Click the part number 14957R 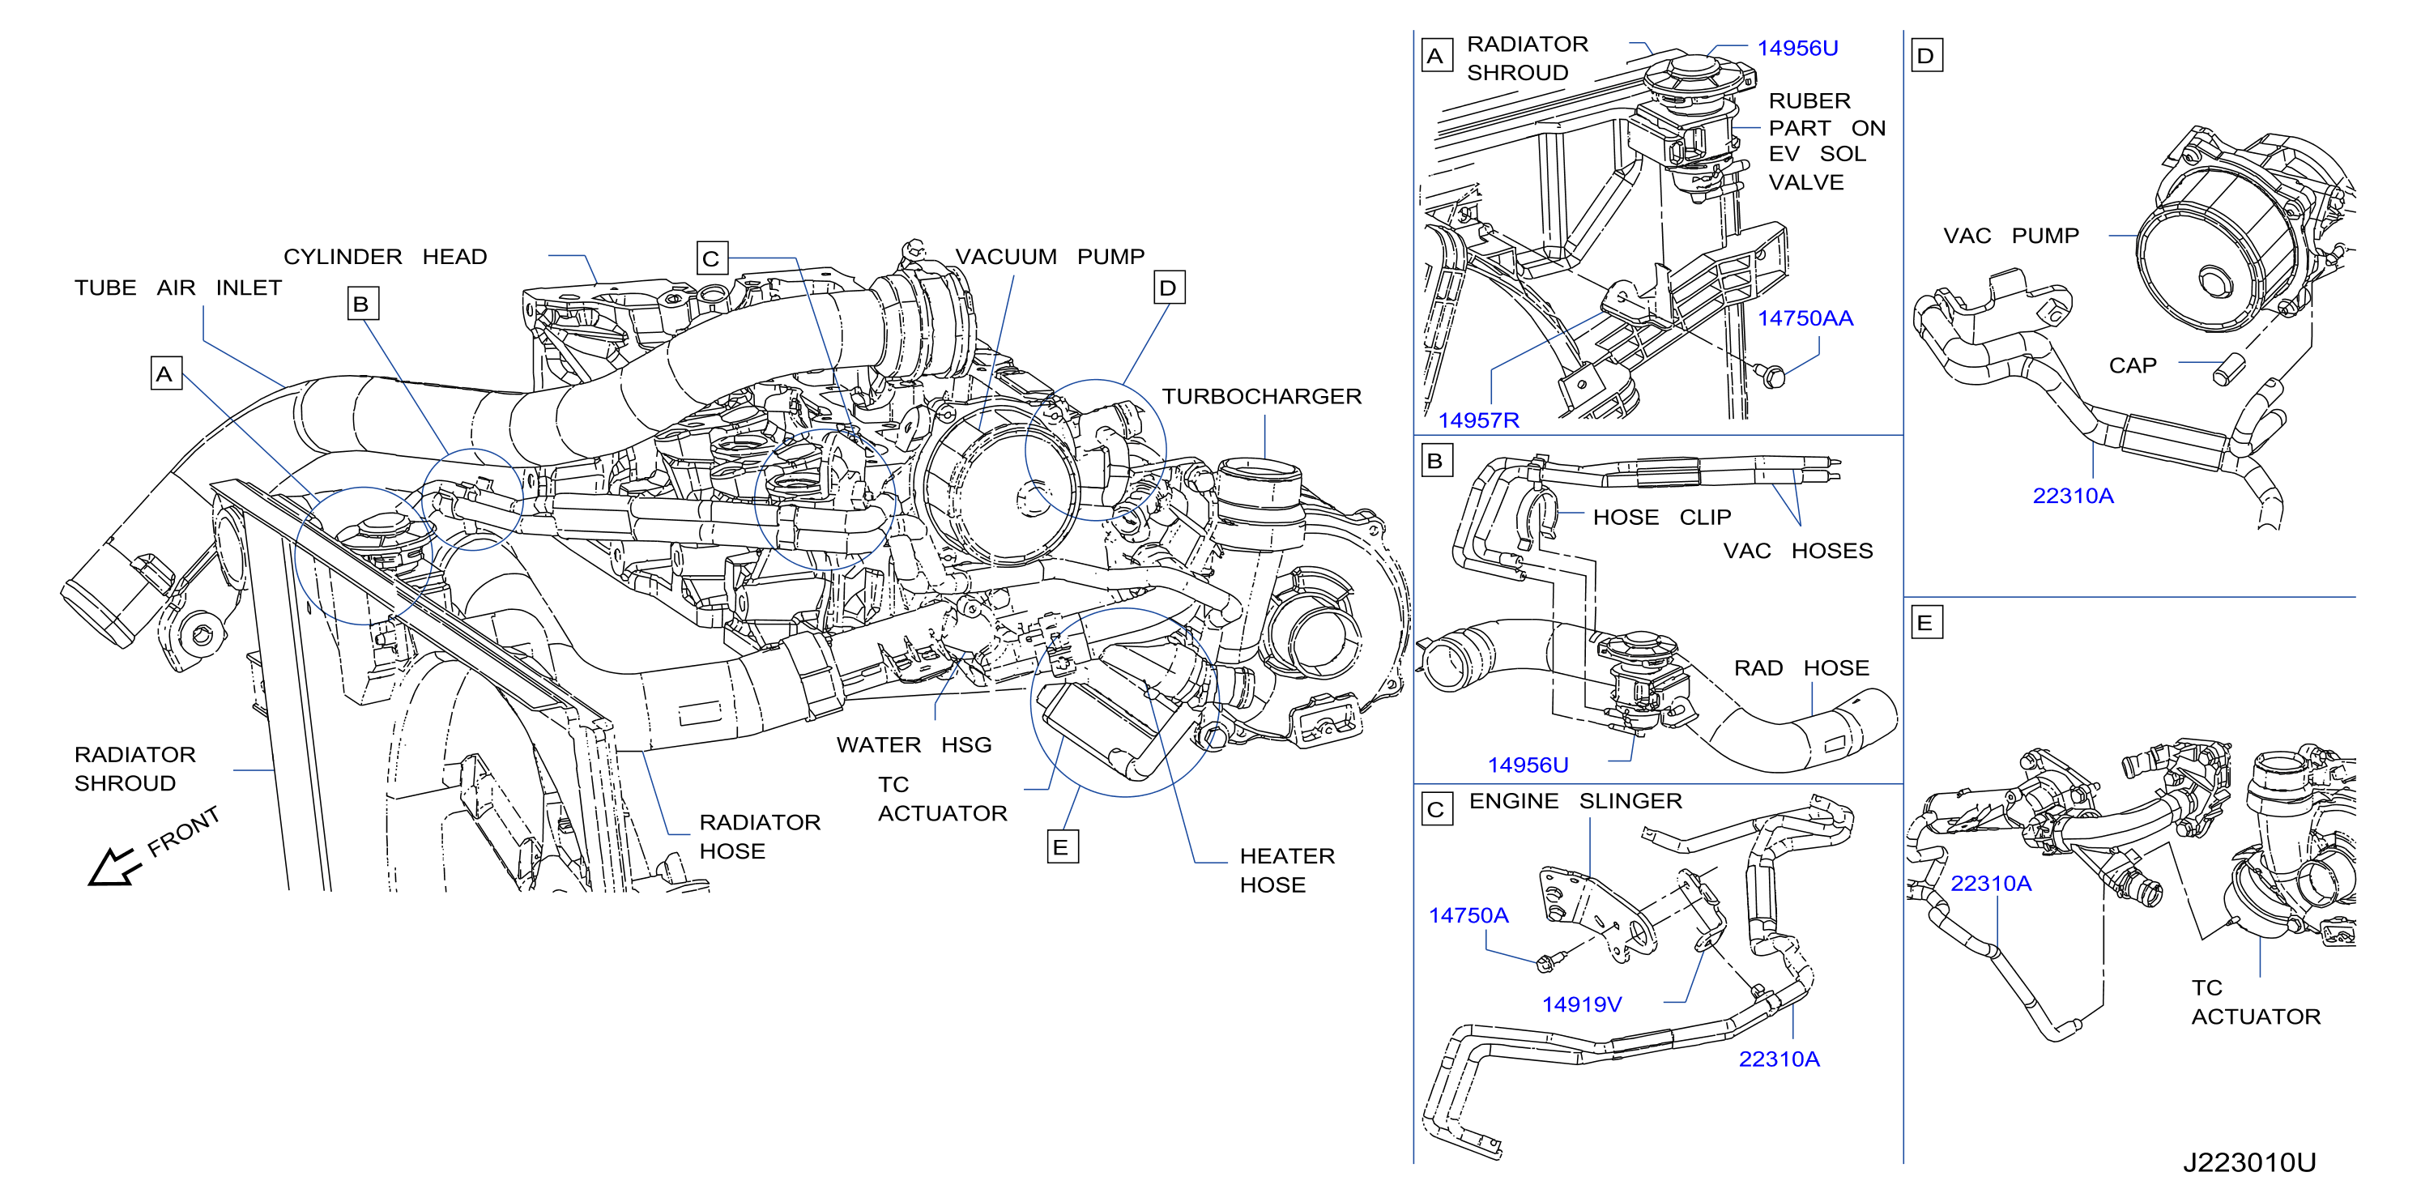pyautogui.click(x=1478, y=420)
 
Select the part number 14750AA pyautogui.click(x=1805, y=318)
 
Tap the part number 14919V pyautogui.click(x=1582, y=1004)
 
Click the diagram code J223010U pyautogui.click(x=2249, y=1162)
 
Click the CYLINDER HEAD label pyautogui.click(x=386, y=257)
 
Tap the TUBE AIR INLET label pyautogui.click(x=178, y=288)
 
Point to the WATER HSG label pyautogui.click(x=914, y=745)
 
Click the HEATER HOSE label pyautogui.click(x=1286, y=870)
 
